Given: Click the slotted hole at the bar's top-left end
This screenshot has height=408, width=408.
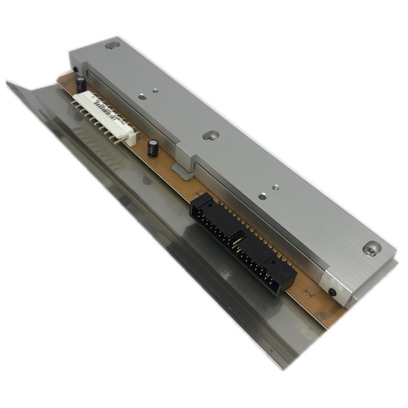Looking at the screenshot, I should [x=112, y=45].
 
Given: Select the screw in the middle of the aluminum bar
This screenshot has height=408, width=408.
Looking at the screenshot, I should [x=210, y=136].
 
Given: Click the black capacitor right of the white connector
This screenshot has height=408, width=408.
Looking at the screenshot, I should [x=152, y=148].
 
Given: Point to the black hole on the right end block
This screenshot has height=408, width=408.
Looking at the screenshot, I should [x=333, y=292].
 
